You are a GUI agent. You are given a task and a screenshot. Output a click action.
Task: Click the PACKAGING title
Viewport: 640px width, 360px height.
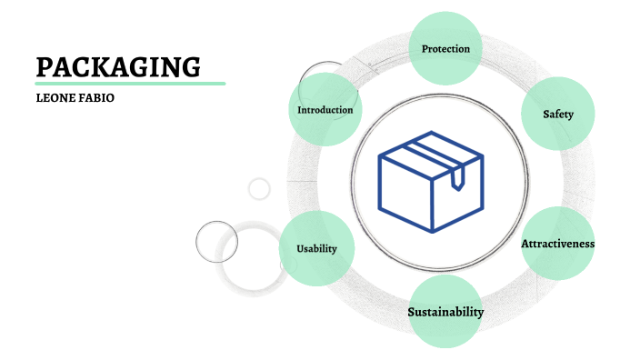click(x=117, y=66)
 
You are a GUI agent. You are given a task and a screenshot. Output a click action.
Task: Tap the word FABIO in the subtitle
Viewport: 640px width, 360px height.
click(x=96, y=97)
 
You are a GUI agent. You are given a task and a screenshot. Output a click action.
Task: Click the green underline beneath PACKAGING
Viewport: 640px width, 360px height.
click(x=130, y=84)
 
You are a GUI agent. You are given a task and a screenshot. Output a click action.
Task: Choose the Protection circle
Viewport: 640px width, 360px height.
click(x=445, y=48)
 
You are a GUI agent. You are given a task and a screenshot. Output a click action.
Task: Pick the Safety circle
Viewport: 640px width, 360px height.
click(x=557, y=115)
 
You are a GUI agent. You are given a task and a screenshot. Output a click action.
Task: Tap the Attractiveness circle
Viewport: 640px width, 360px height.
click(x=557, y=244)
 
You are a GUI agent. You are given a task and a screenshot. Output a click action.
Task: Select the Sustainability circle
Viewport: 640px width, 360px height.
click(x=445, y=312)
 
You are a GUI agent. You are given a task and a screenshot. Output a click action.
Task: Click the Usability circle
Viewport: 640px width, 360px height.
click(x=316, y=248)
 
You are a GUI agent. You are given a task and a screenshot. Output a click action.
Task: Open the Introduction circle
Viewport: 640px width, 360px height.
click(x=325, y=110)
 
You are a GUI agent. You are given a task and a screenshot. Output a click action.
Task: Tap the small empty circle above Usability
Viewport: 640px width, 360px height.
click(x=259, y=189)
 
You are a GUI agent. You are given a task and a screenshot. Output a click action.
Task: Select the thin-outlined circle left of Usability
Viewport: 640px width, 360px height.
click(x=216, y=242)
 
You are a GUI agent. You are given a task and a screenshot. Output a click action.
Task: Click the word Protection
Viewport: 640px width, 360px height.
click(x=445, y=48)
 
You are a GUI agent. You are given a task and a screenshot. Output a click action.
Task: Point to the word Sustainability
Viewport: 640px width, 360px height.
click(x=445, y=312)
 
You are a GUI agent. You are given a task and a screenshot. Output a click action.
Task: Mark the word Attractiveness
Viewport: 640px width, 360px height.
click(x=557, y=244)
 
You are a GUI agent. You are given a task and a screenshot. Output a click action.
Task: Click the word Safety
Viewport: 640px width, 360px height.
click(x=557, y=115)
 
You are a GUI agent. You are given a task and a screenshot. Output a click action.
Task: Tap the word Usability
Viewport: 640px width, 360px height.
click(x=316, y=248)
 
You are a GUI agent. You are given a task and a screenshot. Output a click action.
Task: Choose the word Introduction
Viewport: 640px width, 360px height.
click(x=325, y=110)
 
